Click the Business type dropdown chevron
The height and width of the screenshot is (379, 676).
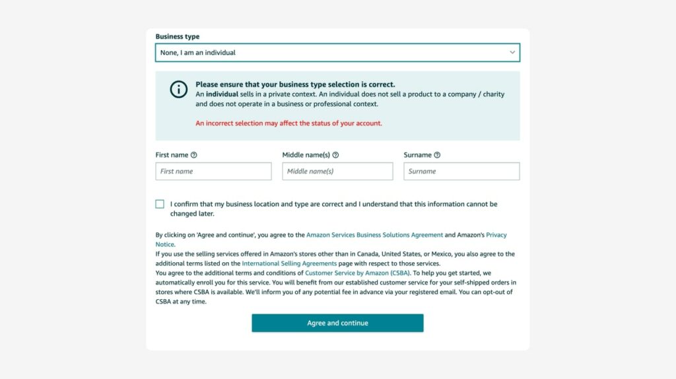pyautogui.click(x=512, y=52)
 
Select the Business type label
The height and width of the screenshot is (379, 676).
pyautogui.click(x=177, y=37)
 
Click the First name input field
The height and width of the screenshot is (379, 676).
pyautogui.click(x=213, y=172)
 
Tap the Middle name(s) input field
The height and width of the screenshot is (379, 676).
pyautogui.click(x=337, y=172)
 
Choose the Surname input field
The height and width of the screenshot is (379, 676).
pyautogui.click(x=461, y=172)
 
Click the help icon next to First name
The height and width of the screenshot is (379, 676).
pyautogui.click(x=194, y=155)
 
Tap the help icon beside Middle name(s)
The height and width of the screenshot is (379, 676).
pyautogui.click(x=335, y=155)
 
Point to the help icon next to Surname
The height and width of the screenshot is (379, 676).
pyautogui.click(x=437, y=155)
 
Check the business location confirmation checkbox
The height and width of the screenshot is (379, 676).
pyautogui.click(x=160, y=204)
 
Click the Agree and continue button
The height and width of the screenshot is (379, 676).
pyautogui.click(x=337, y=323)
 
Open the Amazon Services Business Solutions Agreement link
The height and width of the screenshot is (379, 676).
pyautogui.click(x=374, y=235)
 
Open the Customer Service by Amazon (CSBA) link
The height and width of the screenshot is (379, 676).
pyautogui.click(x=358, y=273)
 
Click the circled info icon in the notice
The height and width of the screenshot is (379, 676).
pyautogui.click(x=178, y=90)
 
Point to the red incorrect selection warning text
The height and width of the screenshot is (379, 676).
pyautogui.click(x=288, y=123)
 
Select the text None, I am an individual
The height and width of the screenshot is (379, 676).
pyautogui.click(x=198, y=53)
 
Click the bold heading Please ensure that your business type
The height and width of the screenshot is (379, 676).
pyautogui.click(x=295, y=85)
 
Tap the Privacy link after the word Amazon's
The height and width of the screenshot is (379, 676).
pyautogui.click(x=496, y=235)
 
